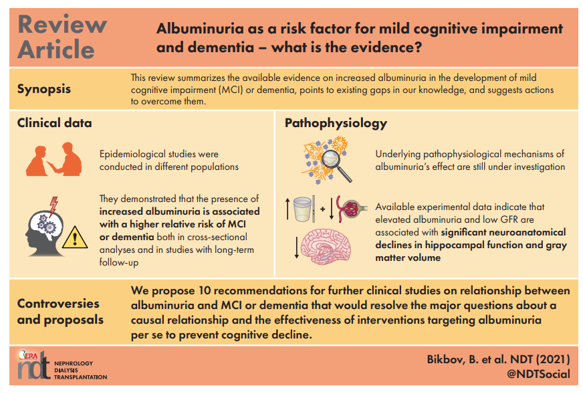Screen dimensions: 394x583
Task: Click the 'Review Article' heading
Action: click(62, 37)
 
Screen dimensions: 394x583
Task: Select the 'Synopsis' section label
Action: click(44, 90)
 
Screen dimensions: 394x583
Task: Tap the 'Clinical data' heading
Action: click(54, 123)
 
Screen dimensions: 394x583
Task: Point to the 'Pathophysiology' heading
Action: click(336, 123)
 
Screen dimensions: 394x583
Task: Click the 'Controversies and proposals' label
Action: click(60, 311)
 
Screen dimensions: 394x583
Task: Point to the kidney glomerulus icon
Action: click(350, 209)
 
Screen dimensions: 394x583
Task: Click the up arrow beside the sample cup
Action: click(288, 209)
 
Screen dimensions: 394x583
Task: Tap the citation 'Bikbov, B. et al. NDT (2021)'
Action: click(498, 359)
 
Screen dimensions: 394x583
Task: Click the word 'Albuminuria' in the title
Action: click(197, 29)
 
